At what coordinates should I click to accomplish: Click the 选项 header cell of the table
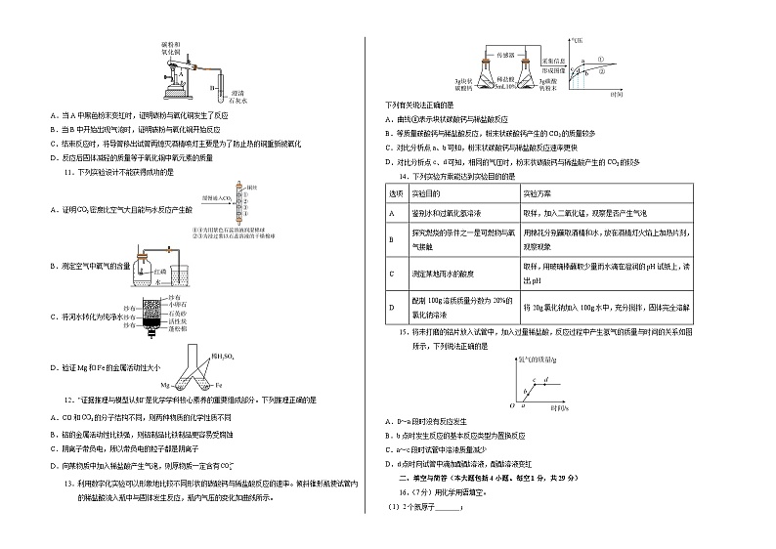pyautogui.click(x=398, y=194)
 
